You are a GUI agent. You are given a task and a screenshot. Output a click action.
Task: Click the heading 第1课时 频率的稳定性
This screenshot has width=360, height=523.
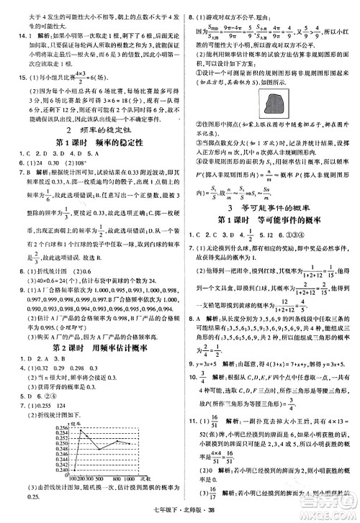tap(90, 142)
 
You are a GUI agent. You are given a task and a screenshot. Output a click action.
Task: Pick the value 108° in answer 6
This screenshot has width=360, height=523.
tap(76, 163)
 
